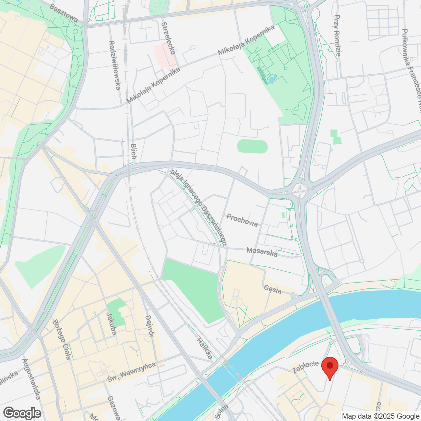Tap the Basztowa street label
64,13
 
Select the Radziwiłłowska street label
115,65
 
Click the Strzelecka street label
168,38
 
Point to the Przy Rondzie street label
337,36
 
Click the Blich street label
133,151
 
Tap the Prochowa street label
242,220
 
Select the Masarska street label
262,252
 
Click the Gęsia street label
273,289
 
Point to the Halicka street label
204,348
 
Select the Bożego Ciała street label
62,339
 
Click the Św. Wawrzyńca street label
132,372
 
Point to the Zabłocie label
306,367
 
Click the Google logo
22,413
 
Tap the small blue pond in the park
272,80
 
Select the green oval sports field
252,146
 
